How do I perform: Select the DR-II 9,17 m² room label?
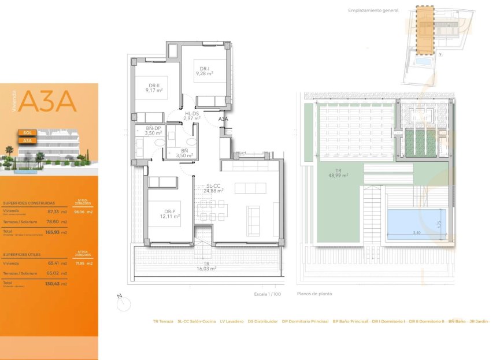coord(154,88)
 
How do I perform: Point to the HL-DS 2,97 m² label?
coord(191,116)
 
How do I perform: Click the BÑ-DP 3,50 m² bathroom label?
coord(153,131)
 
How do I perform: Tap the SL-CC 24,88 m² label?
coord(213,188)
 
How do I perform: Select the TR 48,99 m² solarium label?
coord(338,173)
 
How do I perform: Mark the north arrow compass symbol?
coord(123,302)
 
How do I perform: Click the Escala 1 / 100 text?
coord(267,294)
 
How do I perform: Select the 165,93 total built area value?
coord(53,232)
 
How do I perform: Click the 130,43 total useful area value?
coord(53,283)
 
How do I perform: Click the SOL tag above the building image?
coord(27,132)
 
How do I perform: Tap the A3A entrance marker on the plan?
coord(223,119)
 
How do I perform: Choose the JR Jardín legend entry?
coord(479,321)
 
